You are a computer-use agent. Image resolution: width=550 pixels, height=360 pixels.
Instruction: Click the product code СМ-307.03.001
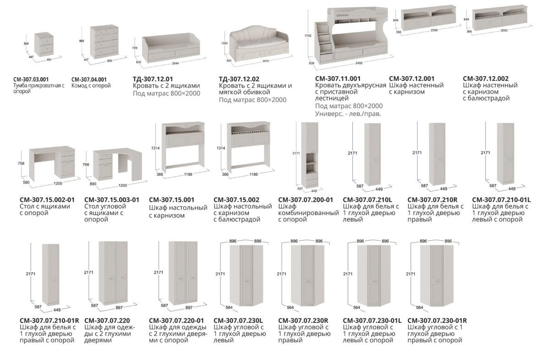pos(31,79)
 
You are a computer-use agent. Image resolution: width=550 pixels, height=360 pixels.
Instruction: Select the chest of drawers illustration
pos(104,42)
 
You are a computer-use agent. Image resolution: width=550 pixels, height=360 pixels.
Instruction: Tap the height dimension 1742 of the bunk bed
pos(308,36)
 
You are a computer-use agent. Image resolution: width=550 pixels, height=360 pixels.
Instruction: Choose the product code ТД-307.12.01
pos(153,79)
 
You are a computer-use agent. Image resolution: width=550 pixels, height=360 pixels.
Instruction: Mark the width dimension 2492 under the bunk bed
pos(359,63)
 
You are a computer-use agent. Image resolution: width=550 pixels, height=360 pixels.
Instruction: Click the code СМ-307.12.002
pos(486,78)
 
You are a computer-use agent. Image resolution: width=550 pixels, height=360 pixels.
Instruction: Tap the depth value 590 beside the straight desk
pos(26,183)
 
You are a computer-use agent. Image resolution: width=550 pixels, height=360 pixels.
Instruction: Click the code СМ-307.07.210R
pos(433,200)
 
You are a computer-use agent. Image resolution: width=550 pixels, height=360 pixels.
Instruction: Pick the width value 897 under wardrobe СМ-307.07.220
pos(119,308)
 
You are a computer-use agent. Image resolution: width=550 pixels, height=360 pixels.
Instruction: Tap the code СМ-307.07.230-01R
pos(437,321)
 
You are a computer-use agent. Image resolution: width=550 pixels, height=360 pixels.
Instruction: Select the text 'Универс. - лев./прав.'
pos(348,114)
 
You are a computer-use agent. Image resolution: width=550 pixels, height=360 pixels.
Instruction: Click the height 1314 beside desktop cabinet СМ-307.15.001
pos(155,148)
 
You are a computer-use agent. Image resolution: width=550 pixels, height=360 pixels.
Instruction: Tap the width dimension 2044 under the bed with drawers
pos(175,63)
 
